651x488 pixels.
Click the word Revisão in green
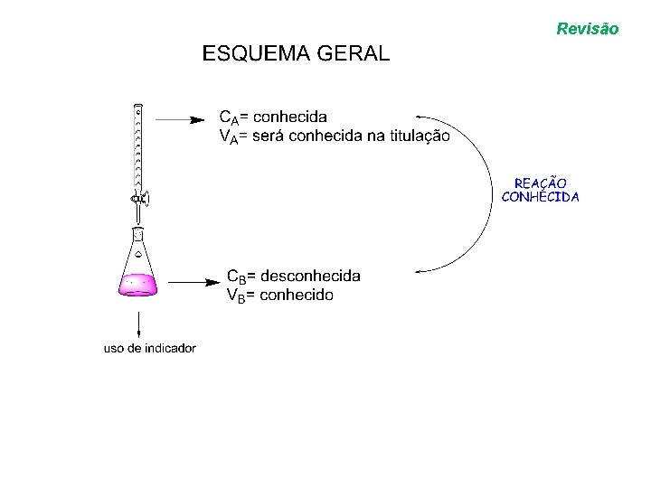[x=588, y=29]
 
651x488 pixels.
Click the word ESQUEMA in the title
[x=257, y=53]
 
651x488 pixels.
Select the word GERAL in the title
[x=354, y=53]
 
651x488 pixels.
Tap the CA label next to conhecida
[x=230, y=117]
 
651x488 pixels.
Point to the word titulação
[x=417, y=136]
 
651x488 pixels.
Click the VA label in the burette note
[x=230, y=136]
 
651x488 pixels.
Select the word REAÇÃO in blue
[x=541, y=183]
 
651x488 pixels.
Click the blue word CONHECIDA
[x=541, y=196]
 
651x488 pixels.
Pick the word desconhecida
[x=310, y=276]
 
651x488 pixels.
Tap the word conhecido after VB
[x=296, y=295]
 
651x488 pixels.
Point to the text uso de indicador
[x=150, y=348]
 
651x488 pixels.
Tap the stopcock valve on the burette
[x=139, y=199]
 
